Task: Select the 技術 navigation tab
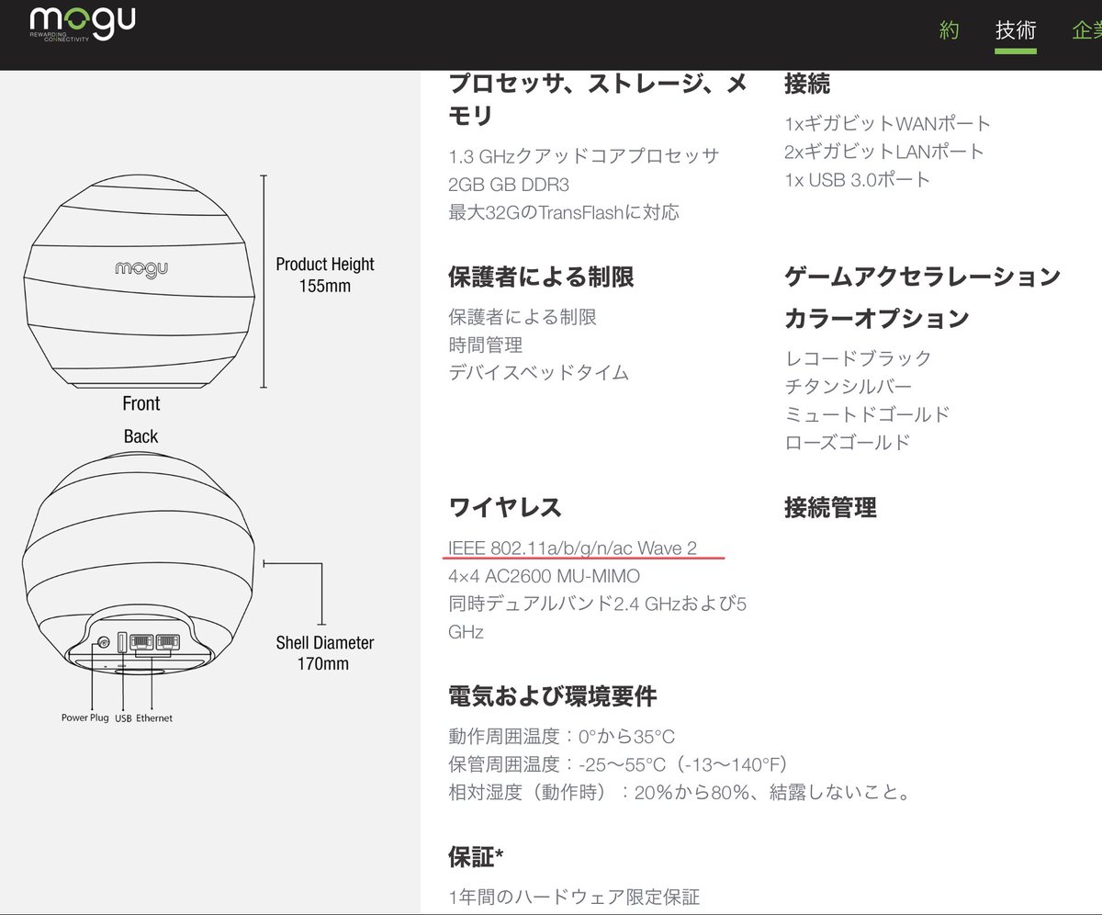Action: (x=1016, y=31)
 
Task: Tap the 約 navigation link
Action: (x=950, y=31)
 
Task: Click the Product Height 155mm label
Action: (x=324, y=275)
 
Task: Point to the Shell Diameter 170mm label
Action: (x=324, y=652)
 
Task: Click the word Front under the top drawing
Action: (x=141, y=403)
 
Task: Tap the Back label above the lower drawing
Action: (x=141, y=436)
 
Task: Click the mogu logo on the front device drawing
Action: (x=140, y=269)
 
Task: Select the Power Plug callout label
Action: (x=84, y=717)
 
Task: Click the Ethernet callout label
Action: (x=154, y=717)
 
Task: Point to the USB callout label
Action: (x=123, y=717)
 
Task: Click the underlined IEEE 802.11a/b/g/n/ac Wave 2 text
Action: (x=572, y=548)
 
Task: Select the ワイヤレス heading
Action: (x=504, y=507)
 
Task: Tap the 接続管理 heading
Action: (x=829, y=507)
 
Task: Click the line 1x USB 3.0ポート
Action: (x=857, y=179)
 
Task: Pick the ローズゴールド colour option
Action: (x=848, y=442)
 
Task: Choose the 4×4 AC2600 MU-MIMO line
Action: (x=544, y=577)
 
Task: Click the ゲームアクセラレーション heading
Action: (x=922, y=276)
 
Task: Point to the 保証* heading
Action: (x=476, y=858)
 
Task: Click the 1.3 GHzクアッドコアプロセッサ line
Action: (x=583, y=156)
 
